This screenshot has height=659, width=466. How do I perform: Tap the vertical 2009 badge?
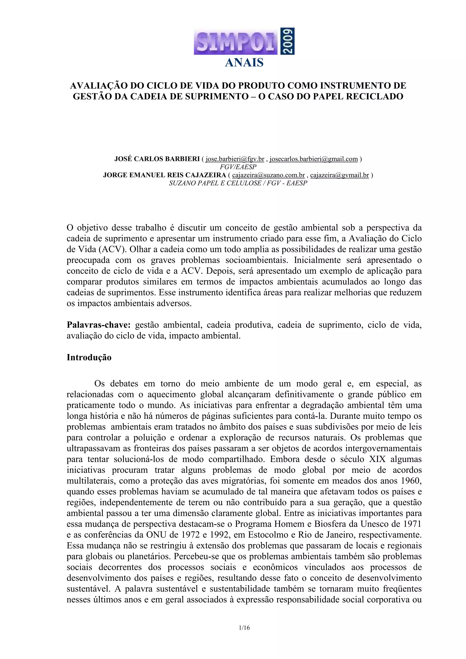[x=287, y=41]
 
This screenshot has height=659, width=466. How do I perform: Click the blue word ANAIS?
[x=244, y=63]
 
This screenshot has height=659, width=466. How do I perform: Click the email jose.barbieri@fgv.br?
[x=235, y=159]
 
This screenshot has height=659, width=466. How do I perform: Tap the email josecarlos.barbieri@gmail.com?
[x=314, y=159]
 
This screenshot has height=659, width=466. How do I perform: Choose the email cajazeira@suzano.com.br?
[x=268, y=175]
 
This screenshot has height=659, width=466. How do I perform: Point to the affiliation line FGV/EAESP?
[x=238, y=167]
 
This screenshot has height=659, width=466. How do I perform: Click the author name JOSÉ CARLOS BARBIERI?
[x=157, y=159]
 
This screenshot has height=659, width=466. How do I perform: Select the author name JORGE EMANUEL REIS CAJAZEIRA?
[x=165, y=175]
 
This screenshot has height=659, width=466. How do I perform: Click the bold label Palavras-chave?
[x=99, y=325]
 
